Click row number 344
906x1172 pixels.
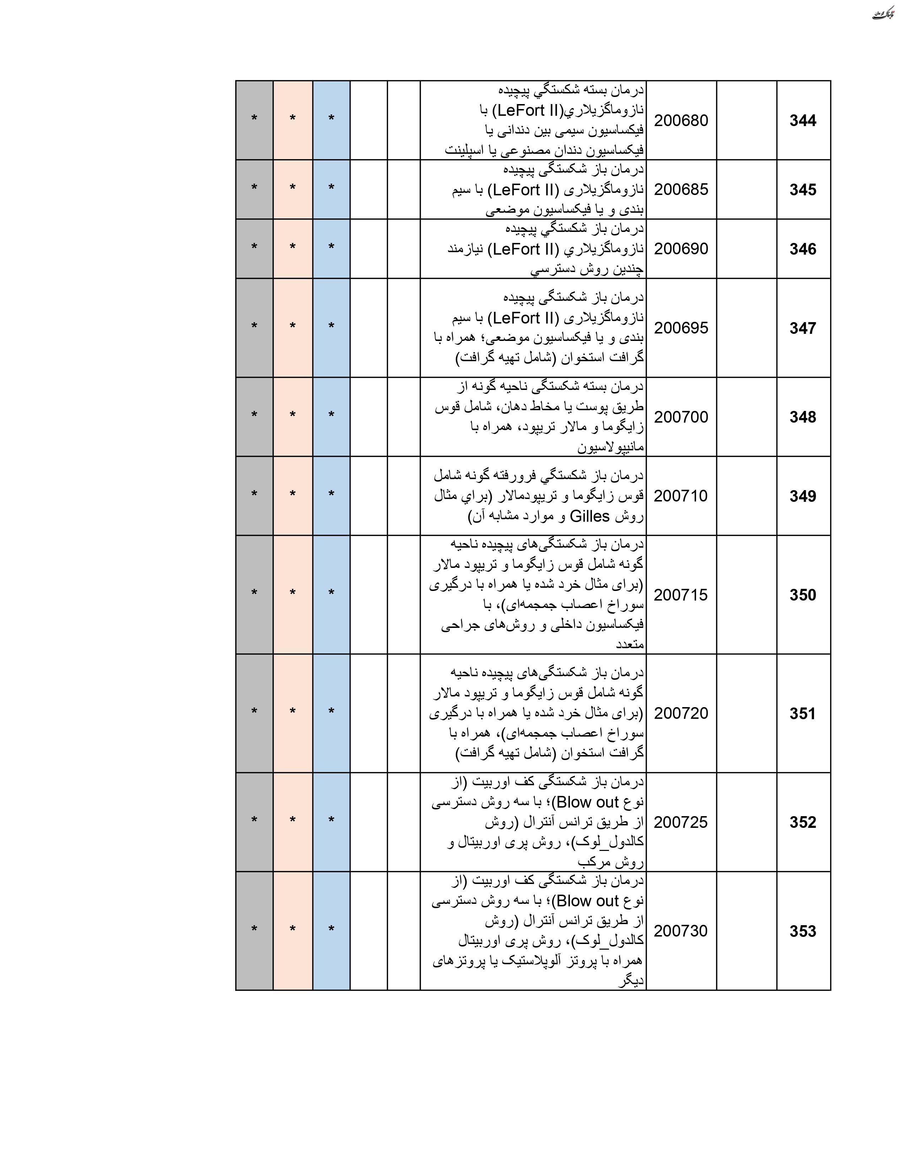(802, 121)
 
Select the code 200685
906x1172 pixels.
(681, 189)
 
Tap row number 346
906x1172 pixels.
(802, 249)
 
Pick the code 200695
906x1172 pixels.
(681, 328)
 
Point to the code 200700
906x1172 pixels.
(681, 417)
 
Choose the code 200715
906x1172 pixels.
(681, 595)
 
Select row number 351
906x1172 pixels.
(802, 713)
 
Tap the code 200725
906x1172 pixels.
(681, 822)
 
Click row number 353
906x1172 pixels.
(802, 931)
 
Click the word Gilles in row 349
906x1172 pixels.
(589, 516)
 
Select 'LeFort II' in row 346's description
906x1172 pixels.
(524, 249)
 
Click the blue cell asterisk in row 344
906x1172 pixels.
(331, 119)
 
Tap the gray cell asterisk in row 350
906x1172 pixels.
(254, 593)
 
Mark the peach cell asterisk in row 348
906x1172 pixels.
(292, 415)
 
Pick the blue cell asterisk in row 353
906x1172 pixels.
(331, 929)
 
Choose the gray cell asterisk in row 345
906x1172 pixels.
(254, 188)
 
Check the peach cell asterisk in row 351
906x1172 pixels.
(292, 712)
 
